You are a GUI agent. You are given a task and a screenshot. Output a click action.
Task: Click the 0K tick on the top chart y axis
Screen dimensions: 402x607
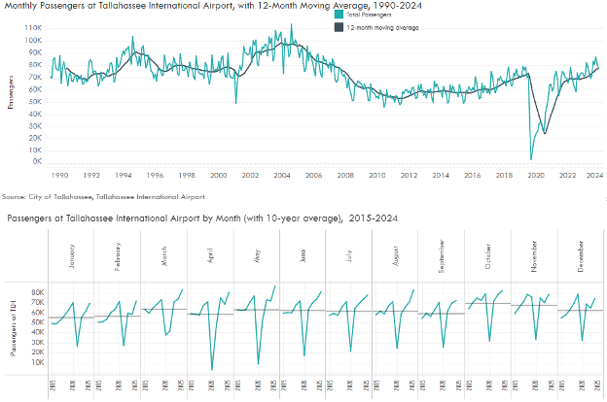(x=35, y=162)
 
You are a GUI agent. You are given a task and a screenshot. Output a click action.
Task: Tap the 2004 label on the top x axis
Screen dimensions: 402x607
(x=281, y=175)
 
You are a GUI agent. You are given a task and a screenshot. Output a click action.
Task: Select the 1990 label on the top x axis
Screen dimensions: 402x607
(x=59, y=175)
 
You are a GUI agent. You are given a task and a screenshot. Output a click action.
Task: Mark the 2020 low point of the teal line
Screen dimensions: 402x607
(x=531, y=158)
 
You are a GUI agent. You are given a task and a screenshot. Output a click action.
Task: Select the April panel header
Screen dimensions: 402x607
(x=211, y=256)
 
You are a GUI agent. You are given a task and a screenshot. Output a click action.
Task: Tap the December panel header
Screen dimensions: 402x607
(x=581, y=256)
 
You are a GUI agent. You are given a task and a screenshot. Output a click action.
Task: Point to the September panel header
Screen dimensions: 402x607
(x=443, y=254)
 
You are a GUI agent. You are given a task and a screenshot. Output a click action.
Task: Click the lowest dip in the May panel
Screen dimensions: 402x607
(x=258, y=364)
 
